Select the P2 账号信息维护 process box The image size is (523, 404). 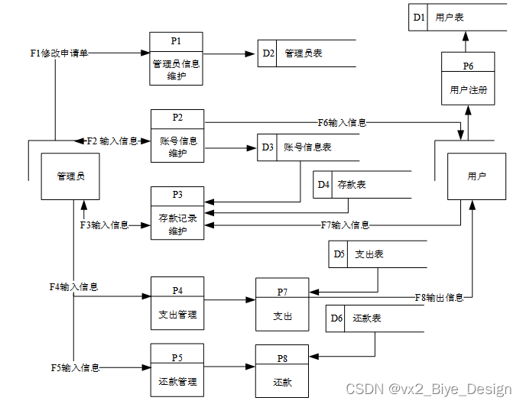tap(177, 136)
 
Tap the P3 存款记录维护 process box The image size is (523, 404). tap(177, 213)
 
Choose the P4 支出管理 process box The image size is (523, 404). tap(177, 303)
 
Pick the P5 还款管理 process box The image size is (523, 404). tap(177, 370)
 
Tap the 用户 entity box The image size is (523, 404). tap(476, 176)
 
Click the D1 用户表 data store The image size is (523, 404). tap(456, 17)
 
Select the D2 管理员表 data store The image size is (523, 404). tap(307, 53)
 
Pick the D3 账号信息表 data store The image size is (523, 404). tap(306, 147)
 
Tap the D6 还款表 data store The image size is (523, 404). tap(375, 318)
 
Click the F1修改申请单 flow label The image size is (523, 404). tap(59, 53)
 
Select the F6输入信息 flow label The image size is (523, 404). tap(342, 122)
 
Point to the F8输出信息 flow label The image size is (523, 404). tap(439, 297)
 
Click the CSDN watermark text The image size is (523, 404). tap(428, 389)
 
